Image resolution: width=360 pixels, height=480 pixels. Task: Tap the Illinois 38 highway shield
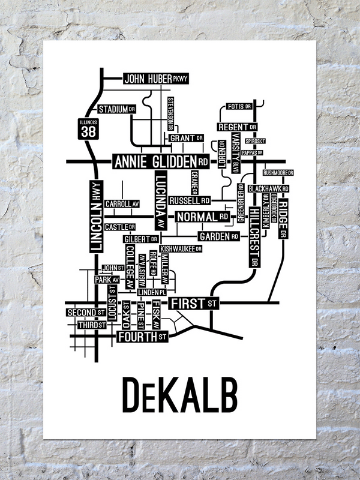pyautogui.click(x=87, y=130)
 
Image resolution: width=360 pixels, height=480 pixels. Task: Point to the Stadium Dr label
pyautogui.click(x=116, y=110)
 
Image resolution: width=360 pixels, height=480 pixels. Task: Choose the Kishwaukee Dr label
pyautogui.click(x=181, y=248)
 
